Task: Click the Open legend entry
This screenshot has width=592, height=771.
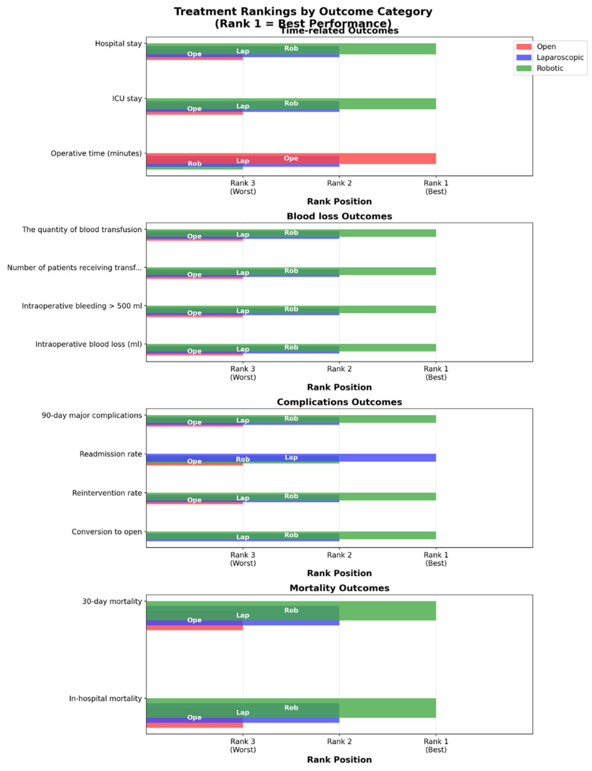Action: pos(546,47)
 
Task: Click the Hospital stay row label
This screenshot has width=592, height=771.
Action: pos(118,44)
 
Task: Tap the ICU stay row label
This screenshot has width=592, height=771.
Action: pos(127,98)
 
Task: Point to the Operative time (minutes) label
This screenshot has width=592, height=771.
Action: pos(96,153)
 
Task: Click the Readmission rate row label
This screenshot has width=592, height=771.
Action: pos(111,454)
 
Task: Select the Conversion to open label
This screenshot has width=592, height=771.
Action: pos(107,531)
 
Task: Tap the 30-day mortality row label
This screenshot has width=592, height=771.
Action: pos(112,601)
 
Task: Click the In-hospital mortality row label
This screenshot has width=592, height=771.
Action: pos(105,698)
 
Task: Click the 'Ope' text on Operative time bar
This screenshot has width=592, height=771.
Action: pos(291,158)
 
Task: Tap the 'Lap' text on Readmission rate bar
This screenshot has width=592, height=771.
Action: pos(291,457)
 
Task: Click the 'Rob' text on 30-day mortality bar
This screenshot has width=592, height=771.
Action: pos(291,610)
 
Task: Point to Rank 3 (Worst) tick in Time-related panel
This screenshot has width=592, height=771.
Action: pos(243,187)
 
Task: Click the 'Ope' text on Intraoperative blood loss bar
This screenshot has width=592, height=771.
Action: pos(194,351)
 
